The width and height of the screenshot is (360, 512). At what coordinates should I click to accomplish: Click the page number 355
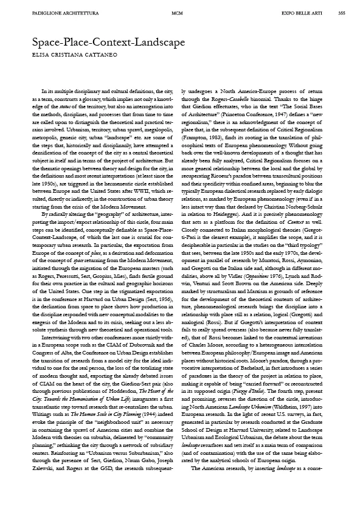point(342,13)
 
